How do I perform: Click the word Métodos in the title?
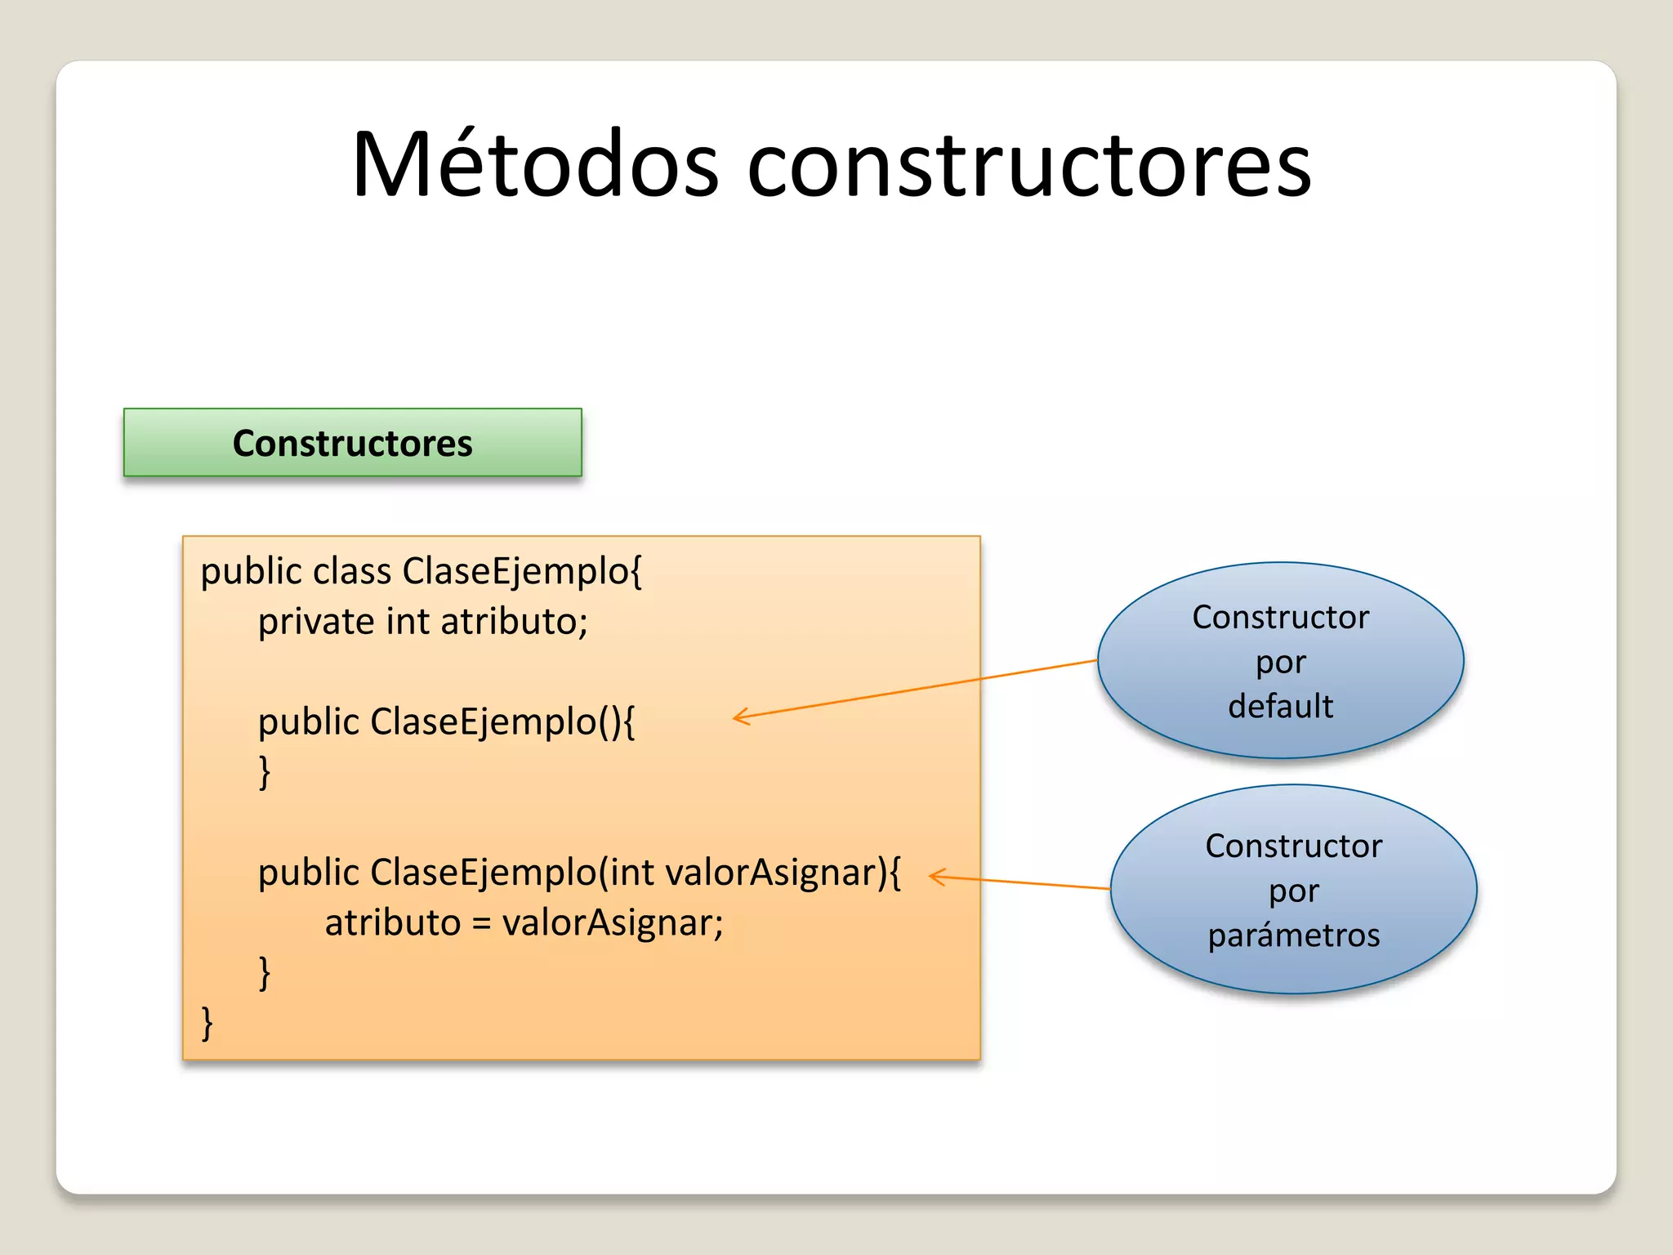tap(535, 165)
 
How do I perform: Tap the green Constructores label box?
tap(352, 443)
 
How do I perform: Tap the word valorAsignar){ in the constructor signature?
tap(783, 873)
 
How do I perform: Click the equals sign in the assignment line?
tap(481, 923)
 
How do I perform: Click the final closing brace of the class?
tap(207, 1023)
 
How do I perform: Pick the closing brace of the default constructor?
tap(265, 772)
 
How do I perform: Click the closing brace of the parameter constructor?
tap(265, 973)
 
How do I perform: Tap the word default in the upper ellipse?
tap(1280, 706)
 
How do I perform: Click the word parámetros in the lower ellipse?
tap(1294, 936)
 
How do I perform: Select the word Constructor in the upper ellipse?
tap(1280, 618)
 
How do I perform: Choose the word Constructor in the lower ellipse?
tap(1294, 846)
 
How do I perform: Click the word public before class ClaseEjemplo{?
tap(252, 572)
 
